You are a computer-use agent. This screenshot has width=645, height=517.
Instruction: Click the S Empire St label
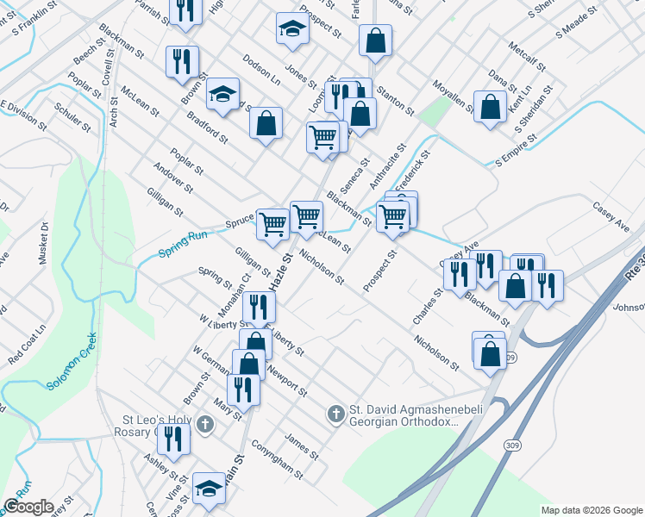pos(516,149)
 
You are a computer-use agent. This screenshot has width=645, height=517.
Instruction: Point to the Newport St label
pos(286,380)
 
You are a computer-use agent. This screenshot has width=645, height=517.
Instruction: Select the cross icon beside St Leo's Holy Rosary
pos(204,423)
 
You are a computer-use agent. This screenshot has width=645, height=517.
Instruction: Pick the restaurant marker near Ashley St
pos(176,439)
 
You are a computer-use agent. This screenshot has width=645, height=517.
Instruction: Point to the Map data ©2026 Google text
pos(591,510)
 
